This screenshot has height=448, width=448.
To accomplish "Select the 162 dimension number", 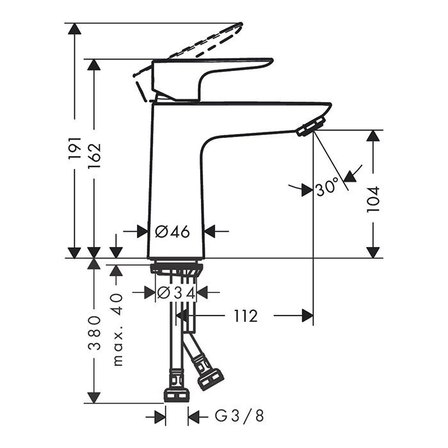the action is tap(95, 156).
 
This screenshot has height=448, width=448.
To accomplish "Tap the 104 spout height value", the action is tap(373, 199).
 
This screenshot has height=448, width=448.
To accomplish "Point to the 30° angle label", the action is tap(327, 188).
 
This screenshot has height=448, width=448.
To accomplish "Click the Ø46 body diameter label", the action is tap(172, 231).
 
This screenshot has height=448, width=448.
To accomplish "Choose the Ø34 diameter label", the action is tap(176, 292).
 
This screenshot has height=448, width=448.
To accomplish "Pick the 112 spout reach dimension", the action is tap(246, 316).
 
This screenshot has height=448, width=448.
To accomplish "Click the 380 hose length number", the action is tap(95, 333).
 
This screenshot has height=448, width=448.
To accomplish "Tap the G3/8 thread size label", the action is tap(239, 416).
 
